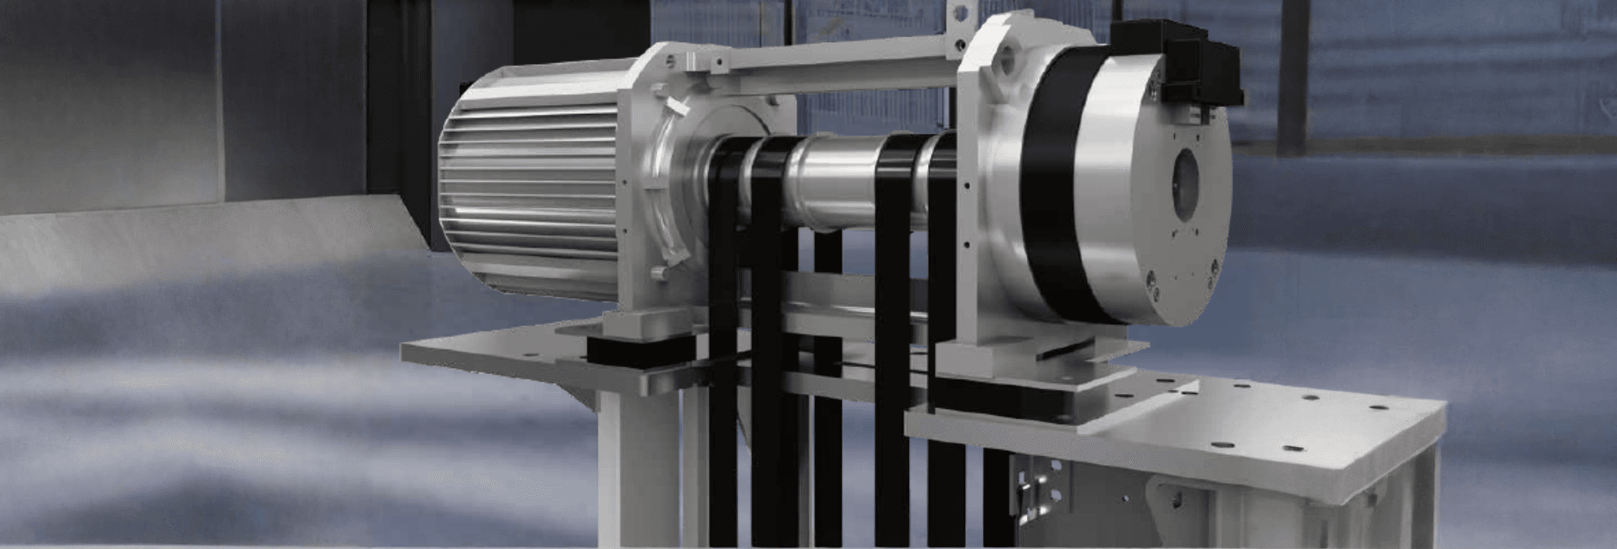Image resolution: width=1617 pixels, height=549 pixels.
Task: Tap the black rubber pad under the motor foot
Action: pyautogui.click(x=633, y=349)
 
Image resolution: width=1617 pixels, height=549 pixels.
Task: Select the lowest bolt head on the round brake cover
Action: pyautogui.click(x=1157, y=297)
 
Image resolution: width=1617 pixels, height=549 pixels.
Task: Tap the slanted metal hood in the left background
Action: pyautogui.click(x=198, y=237)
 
